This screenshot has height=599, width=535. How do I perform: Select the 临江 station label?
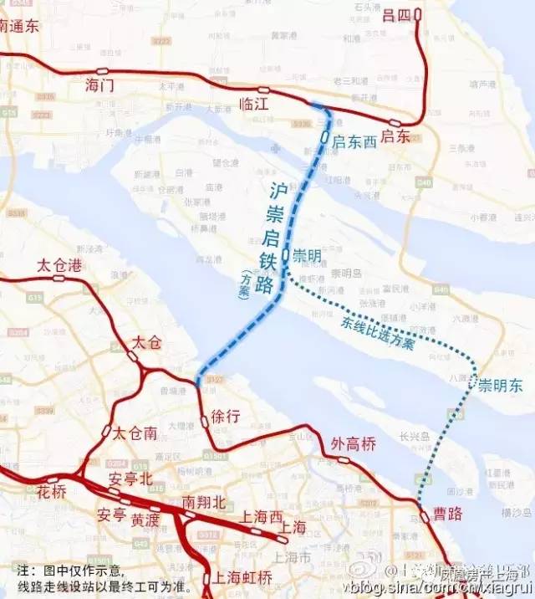(x=254, y=105)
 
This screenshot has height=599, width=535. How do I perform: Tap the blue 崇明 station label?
(x=307, y=255)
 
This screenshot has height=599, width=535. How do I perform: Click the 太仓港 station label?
(x=59, y=266)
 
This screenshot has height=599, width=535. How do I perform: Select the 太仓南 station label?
(x=135, y=433)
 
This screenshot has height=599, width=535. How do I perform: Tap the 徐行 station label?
(x=227, y=416)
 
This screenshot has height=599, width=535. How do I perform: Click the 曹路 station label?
(x=447, y=514)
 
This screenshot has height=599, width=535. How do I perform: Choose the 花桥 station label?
(x=53, y=491)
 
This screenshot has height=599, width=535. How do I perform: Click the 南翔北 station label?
(x=204, y=502)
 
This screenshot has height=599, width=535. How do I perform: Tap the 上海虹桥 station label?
(x=242, y=577)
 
